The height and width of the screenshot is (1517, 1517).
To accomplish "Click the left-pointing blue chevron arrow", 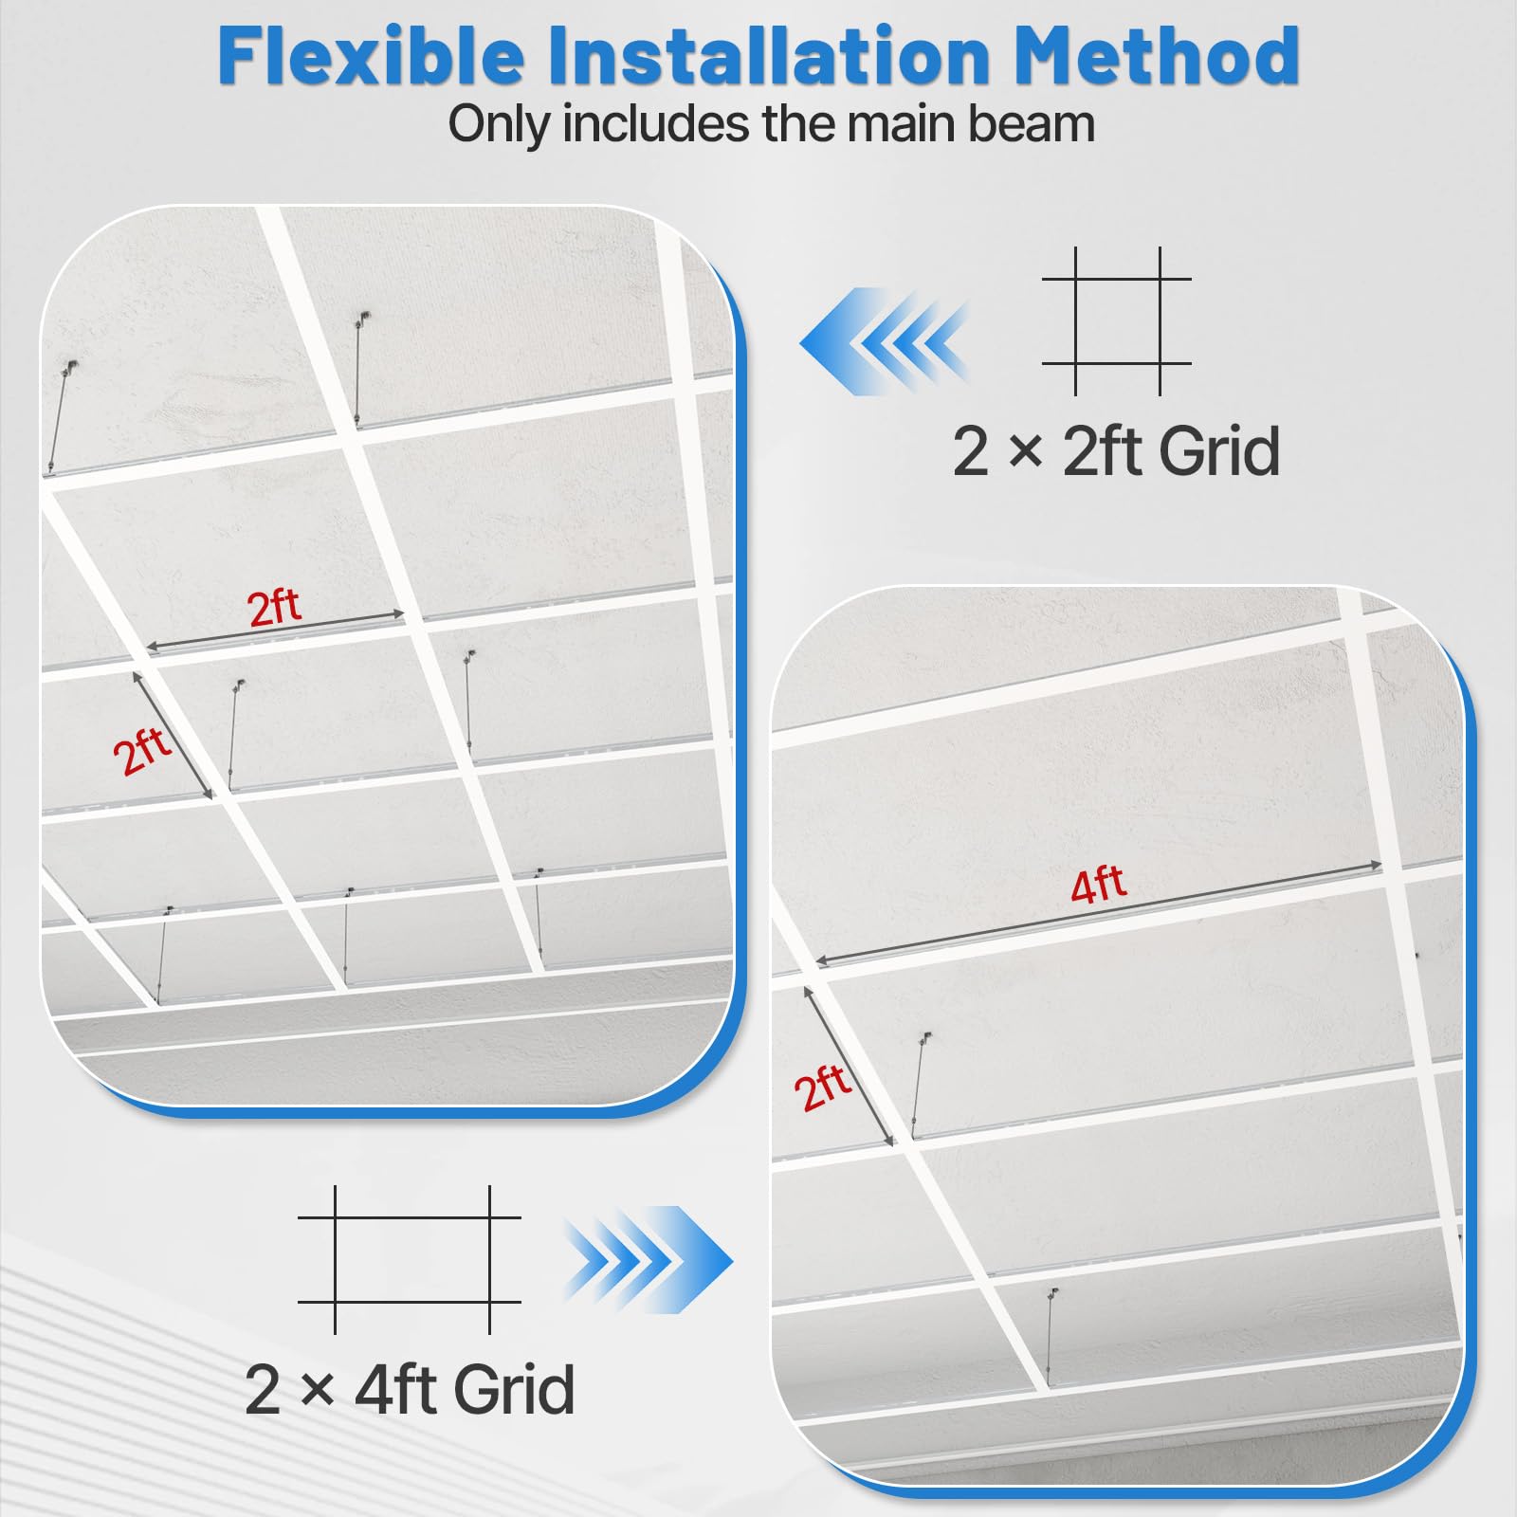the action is (x=884, y=341).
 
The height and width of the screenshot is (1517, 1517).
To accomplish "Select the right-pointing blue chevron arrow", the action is (x=649, y=1260).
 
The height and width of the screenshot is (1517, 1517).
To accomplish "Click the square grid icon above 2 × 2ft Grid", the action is (x=1117, y=320).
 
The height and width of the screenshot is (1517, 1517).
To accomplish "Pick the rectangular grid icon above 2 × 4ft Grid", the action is (x=410, y=1260).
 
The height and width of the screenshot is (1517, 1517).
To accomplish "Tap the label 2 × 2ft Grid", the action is (x=1116, y=451).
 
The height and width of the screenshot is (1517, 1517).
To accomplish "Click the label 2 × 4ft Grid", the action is (x=410, y=1389).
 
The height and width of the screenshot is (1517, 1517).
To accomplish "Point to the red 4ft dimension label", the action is (x=1098, y=885).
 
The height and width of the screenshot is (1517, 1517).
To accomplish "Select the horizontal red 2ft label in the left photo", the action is (x=274, y=607).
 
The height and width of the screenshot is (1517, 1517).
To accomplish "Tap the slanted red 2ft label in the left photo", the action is (x=142, y=751).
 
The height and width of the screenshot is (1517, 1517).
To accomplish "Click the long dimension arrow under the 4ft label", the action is (x=1098, y=914).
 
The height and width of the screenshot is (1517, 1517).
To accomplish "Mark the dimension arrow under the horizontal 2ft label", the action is (x=275, y=631).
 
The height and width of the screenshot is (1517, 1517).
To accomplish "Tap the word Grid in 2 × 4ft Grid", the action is (x=514, y=1389).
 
